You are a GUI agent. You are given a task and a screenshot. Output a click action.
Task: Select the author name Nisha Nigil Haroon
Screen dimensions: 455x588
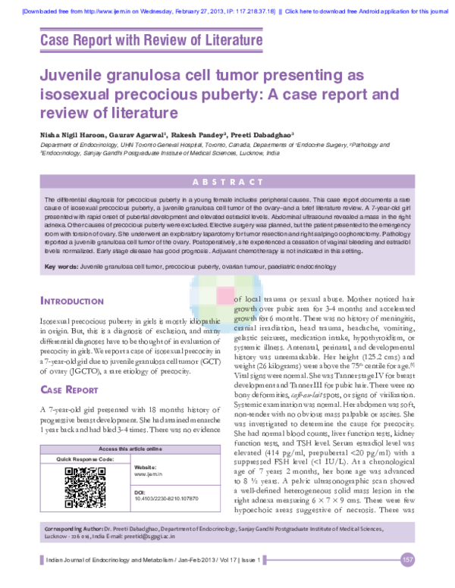click(74, 132)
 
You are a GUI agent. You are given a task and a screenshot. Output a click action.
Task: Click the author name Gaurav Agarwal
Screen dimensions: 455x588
click(150, 132)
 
